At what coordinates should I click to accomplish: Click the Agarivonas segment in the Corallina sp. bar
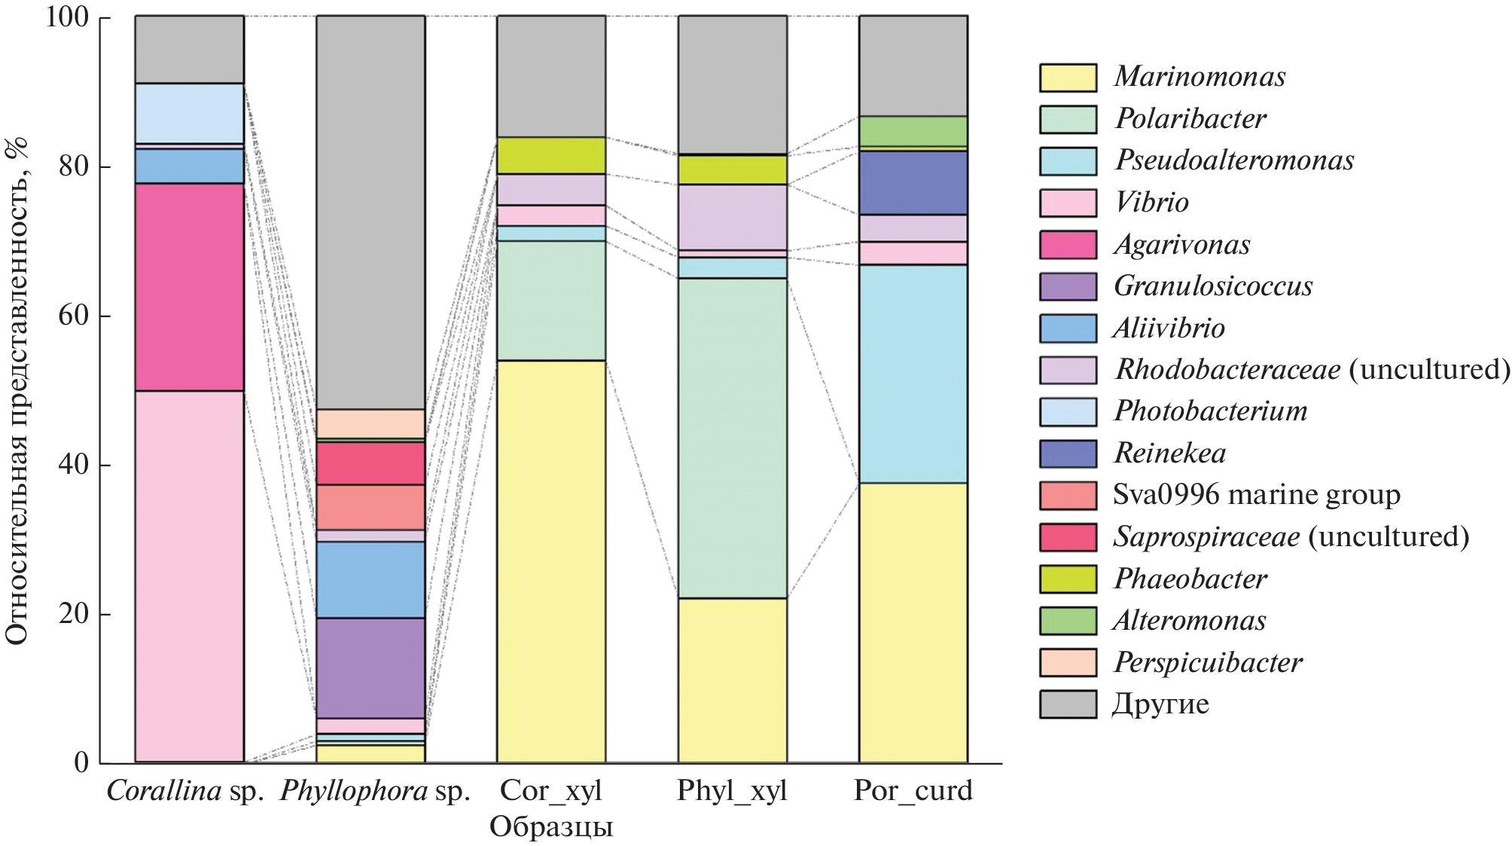[189, 287]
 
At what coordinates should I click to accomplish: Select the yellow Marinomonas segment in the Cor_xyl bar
[550, 561]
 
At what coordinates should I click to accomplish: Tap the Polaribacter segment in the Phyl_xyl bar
[732, 438]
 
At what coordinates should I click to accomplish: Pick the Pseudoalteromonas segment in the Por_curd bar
[913, 374]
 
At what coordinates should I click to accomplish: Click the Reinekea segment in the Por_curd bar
[913, 183]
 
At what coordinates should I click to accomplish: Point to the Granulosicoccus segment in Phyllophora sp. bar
[370, 667]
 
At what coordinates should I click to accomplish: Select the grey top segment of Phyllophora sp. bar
[370, 212]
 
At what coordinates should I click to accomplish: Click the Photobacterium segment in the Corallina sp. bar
[189, 113]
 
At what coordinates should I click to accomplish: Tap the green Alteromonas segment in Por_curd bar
[913, 131]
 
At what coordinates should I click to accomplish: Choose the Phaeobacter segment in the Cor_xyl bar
[550, 155]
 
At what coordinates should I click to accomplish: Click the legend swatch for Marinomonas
[1067, 78]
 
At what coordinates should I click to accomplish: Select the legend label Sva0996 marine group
[1256, 495]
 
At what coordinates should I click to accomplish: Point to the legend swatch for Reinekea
[1067, 454]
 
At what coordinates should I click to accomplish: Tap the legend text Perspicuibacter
[1208, 663]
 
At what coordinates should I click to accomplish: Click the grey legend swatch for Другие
[1067, 704]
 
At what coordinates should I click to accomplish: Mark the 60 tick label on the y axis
[73, 316]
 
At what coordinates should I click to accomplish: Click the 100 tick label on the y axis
[67, 17]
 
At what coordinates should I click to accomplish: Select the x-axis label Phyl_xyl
[731, 791]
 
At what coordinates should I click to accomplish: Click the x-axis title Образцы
[550, 827]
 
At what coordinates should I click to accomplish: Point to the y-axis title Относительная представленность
[17, 392]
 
